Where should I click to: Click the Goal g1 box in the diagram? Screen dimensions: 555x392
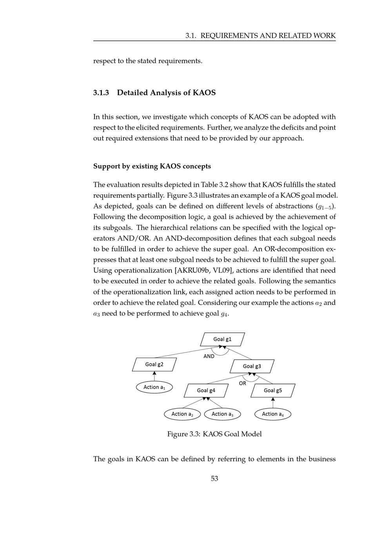pyautogui.click(x=222, y=339)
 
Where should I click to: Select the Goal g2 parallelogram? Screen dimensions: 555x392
pyautogui.click(x=154, y=364)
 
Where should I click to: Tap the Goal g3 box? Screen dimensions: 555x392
pyautogui.click(x=252, y=366)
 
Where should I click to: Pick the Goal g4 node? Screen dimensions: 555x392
pyautogui.click(x=206, y=390)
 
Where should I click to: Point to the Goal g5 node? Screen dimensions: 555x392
pyautogui.click(x=273, y=390)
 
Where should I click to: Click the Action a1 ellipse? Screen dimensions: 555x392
pyautogui.click(x=154, y=387)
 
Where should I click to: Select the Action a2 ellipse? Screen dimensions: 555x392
pyautogui.click(x=182, y=414)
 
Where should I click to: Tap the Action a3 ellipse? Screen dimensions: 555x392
pyautogui.click(x=222, y=414)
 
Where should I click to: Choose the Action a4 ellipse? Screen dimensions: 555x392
pyautogui.click(x=273, y=414)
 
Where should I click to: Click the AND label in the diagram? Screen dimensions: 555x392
pyautogui.click(x=209, y=356)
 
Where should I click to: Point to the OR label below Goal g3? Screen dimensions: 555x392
pyautogui.click(x=243, y=383)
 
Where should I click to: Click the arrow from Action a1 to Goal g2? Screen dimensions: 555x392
pyautogui.click(x=154, y=376)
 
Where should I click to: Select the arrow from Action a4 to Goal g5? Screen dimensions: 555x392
pyautogui.click(x=273, y=403)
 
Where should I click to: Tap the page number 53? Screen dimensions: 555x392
pyautogui.click(x=214, y=478)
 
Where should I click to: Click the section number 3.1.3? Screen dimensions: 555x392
pyautogui.click(x=101, y=93)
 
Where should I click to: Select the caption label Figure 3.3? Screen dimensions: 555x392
pyautogui.click(x=183, y=434)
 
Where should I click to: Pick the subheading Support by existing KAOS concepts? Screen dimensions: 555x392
pyautogui.click(x=152, y=166)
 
